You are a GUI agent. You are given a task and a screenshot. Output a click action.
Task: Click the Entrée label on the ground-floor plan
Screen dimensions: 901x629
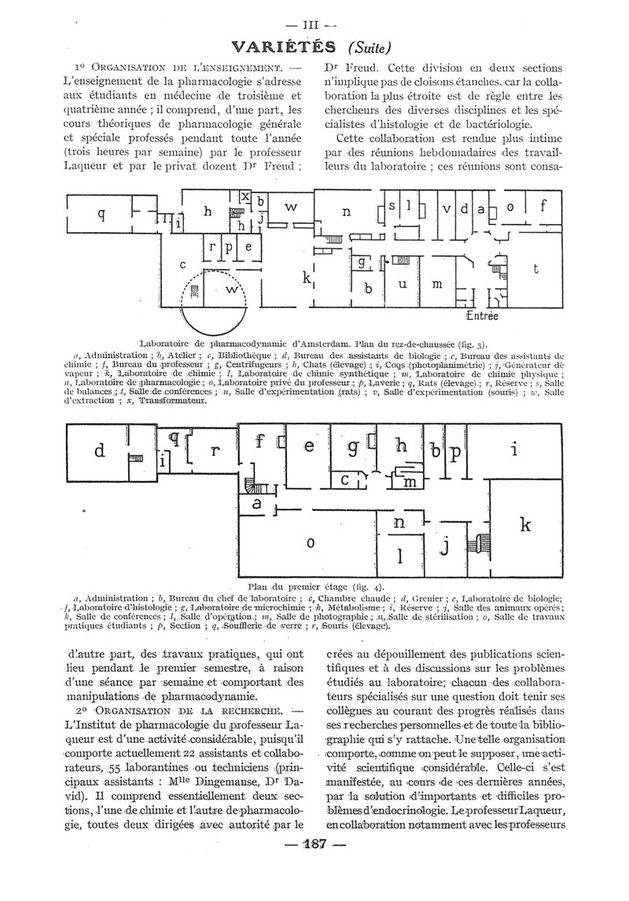point(482,316)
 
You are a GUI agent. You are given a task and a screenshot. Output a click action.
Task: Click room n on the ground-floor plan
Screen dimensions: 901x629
point(345,211)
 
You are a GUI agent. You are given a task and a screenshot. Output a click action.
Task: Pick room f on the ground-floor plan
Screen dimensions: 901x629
point(542,208)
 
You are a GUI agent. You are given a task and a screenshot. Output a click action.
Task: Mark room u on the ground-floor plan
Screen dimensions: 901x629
point(402,284)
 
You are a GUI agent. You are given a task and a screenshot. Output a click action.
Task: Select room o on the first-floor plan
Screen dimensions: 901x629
point(310,542)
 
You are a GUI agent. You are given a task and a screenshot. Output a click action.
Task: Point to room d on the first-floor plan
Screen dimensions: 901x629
point(99,451)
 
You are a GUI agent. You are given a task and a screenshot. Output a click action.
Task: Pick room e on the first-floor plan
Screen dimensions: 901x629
point(309,447)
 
